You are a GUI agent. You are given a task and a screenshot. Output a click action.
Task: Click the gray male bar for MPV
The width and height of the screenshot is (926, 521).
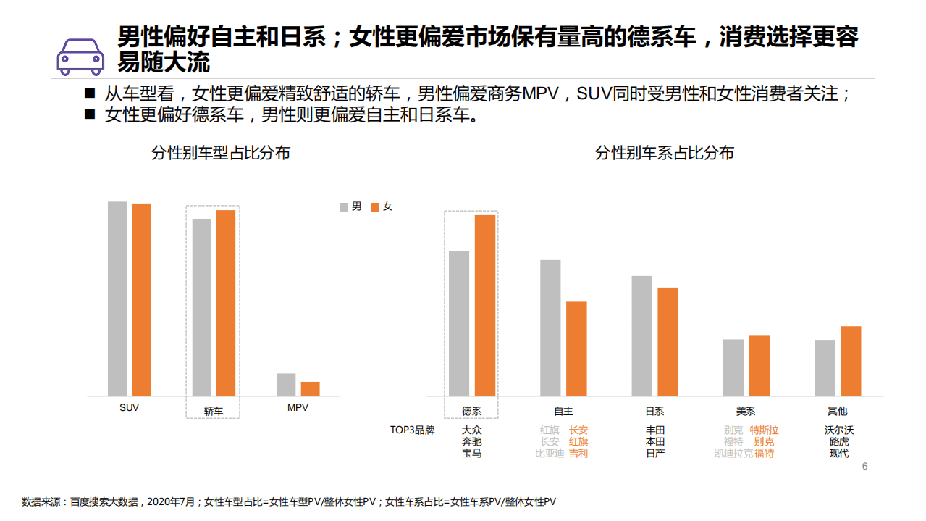286,385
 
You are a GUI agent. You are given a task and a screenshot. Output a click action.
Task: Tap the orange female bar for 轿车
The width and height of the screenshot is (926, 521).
226,303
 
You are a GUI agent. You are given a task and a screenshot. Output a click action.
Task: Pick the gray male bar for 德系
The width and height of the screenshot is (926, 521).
459,323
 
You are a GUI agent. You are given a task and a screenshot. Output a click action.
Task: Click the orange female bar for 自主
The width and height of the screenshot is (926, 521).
576,349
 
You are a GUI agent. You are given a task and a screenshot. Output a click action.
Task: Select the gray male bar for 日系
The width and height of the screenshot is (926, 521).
641,335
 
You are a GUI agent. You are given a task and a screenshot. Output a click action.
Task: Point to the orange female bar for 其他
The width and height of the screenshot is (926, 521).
851,361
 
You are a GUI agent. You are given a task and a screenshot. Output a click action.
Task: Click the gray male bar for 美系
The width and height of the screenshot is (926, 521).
733,367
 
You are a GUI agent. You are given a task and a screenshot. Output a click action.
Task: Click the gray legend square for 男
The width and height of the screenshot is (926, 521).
344,207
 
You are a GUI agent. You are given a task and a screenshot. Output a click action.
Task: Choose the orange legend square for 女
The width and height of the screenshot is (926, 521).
375,207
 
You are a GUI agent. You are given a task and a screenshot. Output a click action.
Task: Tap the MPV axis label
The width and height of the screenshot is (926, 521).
298,408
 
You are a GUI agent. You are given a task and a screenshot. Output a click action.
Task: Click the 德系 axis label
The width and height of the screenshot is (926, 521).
471,412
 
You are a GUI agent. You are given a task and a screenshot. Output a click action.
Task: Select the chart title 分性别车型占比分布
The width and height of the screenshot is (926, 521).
221,153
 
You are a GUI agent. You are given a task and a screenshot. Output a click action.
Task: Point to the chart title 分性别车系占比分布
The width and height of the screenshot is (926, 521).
664,153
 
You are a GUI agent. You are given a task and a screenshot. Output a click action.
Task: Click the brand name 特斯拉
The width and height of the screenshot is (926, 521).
764,430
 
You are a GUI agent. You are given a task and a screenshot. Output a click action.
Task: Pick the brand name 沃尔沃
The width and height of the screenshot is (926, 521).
839,430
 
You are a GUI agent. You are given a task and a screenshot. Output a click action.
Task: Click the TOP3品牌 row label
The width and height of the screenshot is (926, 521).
413,430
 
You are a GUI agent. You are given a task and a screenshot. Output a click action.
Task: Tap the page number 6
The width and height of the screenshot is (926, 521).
864,466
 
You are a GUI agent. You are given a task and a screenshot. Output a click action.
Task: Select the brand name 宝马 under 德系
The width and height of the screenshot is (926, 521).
471,454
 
